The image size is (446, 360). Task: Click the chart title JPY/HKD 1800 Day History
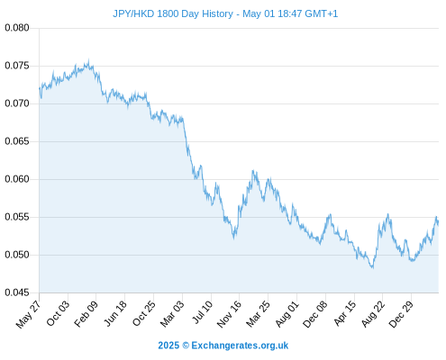pos(173,13)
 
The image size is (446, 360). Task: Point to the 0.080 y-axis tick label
pos(17,28)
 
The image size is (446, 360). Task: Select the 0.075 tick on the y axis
pos(17,66)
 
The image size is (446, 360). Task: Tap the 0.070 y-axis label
pos(17,103)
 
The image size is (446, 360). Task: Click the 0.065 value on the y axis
pos(17,141)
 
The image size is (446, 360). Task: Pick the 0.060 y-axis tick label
pos(17,179)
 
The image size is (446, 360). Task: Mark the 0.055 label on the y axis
pos(17,217)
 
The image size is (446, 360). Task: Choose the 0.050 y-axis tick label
pos(17,255)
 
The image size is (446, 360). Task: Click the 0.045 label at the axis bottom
pos(17,292)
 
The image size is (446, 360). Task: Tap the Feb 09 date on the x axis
pos(86,313)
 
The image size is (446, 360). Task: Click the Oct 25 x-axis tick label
pos(144,313)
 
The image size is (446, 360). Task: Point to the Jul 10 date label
pos(203,312)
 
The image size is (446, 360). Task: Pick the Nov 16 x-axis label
pos(229,314)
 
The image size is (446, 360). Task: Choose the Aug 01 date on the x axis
pos(287,314)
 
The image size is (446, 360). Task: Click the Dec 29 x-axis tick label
pos(401,314)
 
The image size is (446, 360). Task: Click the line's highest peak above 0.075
pos(88,60)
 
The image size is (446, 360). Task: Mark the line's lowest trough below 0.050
pos(373,267)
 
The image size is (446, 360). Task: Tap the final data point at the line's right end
pos(438,222)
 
